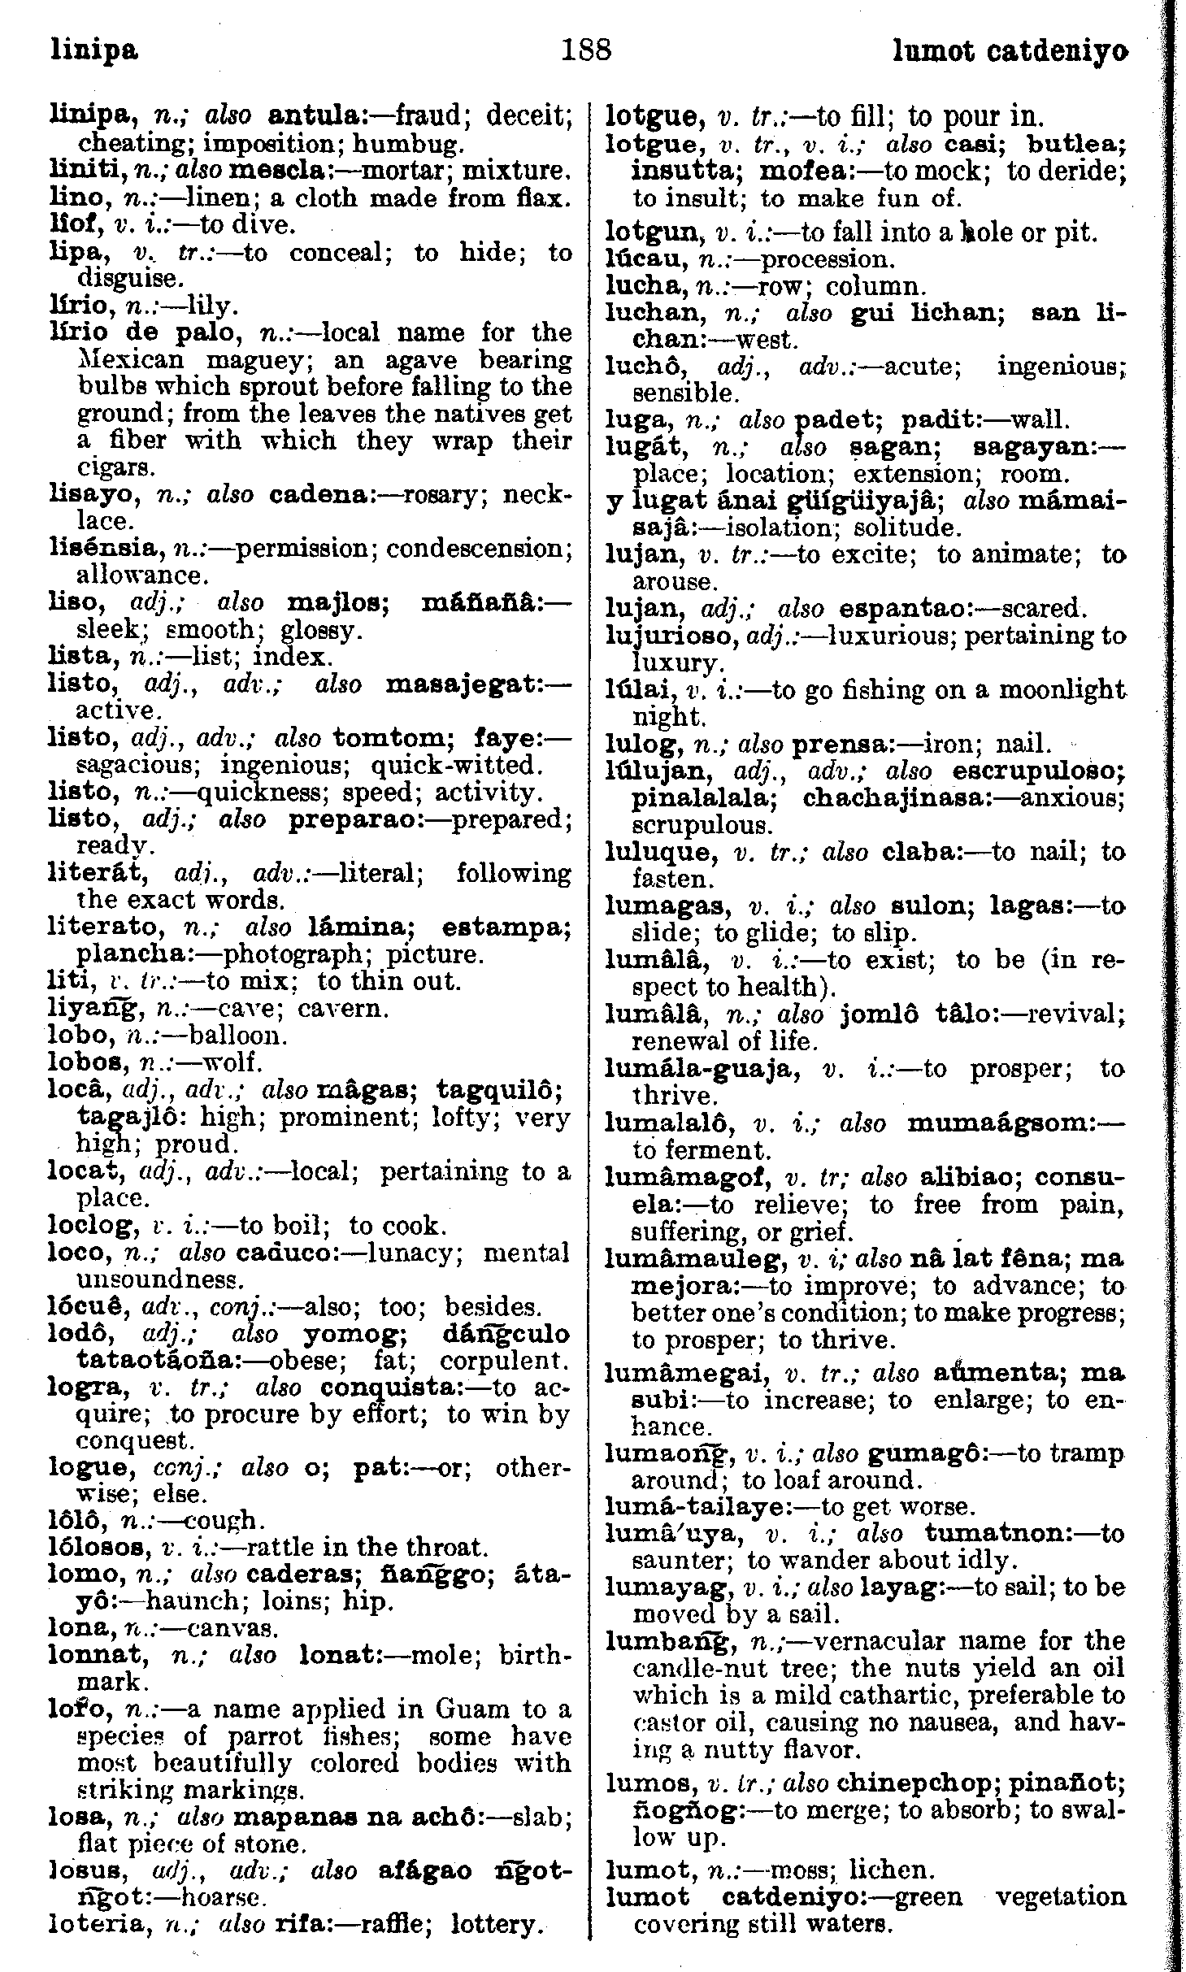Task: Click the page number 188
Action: (586, 50)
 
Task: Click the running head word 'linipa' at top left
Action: (93, 52)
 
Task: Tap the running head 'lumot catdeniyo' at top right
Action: (1010, 52)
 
